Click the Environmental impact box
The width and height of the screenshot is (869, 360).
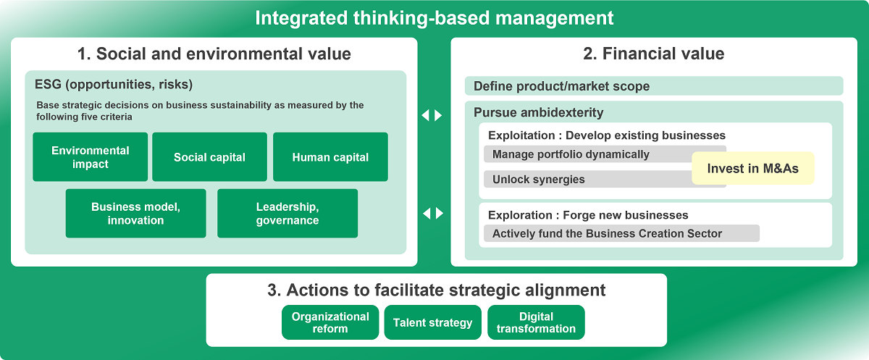[x=90, y=156]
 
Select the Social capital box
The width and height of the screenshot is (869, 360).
[x=209, y=156]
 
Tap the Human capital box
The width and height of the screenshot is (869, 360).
[x=330, y=156]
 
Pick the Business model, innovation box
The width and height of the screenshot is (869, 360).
[x=136, y=214]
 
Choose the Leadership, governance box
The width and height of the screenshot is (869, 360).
[x=287, y=214]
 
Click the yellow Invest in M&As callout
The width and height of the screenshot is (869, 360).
[x=752, y=168]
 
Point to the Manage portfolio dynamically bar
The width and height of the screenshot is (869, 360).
[x=588, y=154]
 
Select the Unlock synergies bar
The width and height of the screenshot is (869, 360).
[x=588, y=179]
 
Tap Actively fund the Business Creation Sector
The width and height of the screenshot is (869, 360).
[x=621, y=233]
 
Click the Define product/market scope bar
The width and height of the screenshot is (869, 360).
[x=654, y=85]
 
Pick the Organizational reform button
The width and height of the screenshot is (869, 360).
[x=330, y=322]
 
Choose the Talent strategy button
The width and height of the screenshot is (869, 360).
[x=432, y=322]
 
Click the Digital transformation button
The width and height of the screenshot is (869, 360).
[x=536, y=322]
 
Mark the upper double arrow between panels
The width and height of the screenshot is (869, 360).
[x=432, y=115]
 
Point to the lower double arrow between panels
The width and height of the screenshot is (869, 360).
[x=433, y=213]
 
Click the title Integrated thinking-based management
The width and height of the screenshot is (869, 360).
[x=434, y=18]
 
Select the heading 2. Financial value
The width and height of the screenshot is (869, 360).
[x=654, y=54]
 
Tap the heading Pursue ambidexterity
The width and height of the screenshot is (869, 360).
[x=539, y=112]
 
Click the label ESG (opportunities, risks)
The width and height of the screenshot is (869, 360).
[x=114, y=85]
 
